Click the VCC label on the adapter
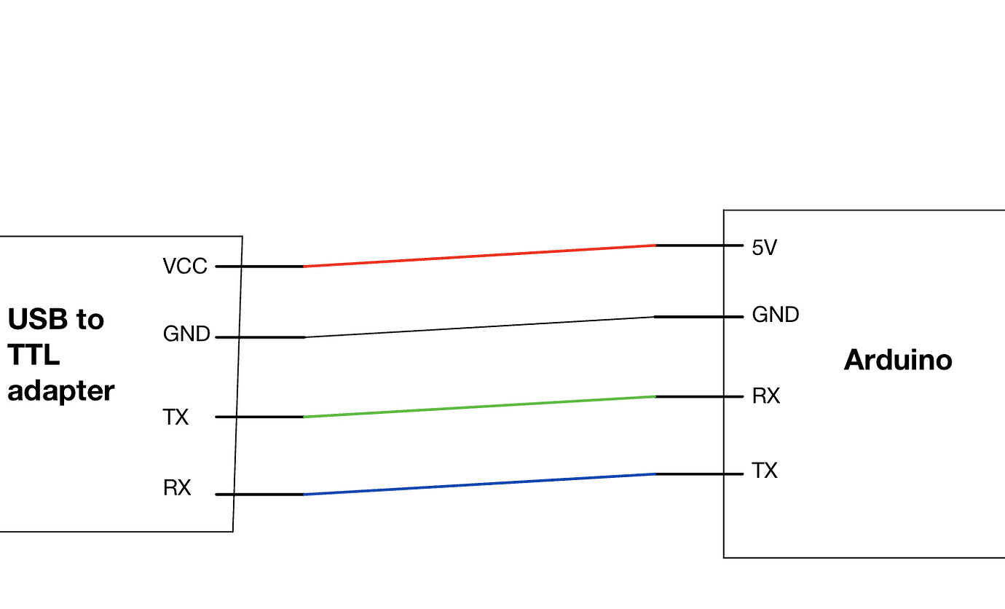185,267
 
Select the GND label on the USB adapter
186,334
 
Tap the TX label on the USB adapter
176,417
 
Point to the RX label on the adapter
177,488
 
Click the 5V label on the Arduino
765,248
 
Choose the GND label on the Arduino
776,315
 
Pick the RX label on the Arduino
766,396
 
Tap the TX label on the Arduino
765,471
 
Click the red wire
479,256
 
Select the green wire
479,406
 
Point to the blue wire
479,484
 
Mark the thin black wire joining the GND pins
479,327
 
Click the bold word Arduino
898,360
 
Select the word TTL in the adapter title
33,355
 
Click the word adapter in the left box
61,391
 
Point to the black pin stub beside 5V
699,245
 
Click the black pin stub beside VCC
259,267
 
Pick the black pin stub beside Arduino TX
699,474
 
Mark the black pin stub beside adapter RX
259,495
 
